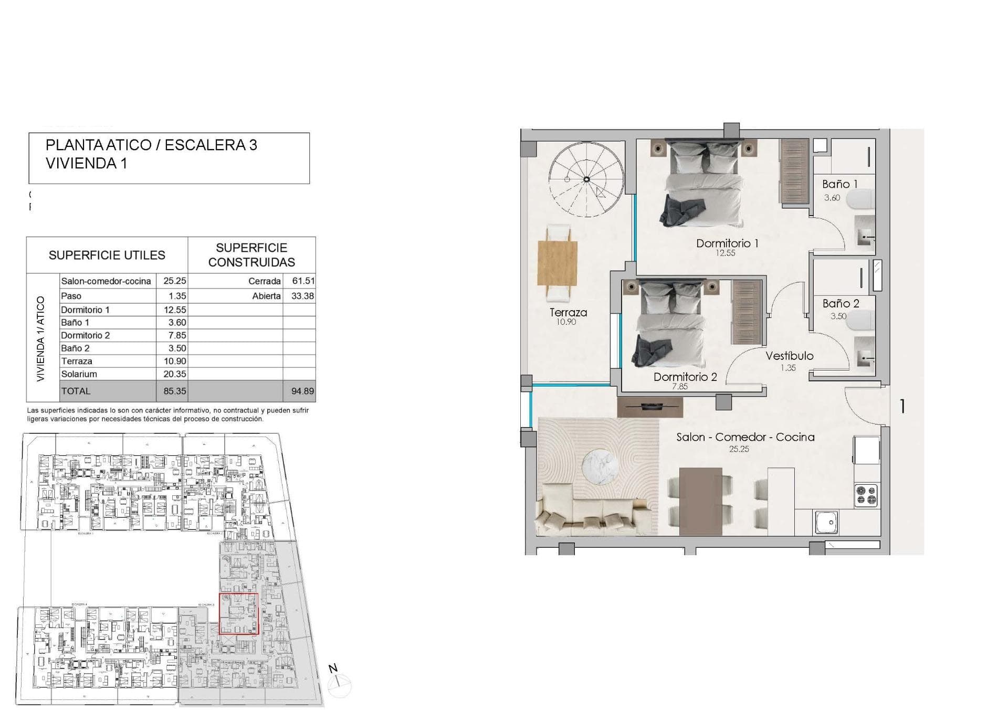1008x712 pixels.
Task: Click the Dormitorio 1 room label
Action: (727, 243)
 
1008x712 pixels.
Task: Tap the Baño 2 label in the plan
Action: (841, 303)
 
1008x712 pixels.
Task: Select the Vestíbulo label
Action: (789, 356)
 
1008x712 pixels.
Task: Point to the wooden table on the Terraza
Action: (558, 263)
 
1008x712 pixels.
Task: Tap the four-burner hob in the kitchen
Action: (866, 495)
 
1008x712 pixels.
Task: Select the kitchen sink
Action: (826, 522)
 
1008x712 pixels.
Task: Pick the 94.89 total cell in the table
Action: (302, 391)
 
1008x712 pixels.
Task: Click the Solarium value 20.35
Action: (174, 374)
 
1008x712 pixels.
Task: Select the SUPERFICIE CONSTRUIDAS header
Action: (251, 255)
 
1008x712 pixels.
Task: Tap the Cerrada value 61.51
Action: (303, 281)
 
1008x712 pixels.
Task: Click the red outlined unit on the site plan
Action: (238, 613)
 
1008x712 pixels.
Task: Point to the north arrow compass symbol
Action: (339, 684)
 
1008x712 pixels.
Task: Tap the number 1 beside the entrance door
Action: (902, 406)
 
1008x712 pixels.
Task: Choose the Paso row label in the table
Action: (71, 296)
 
